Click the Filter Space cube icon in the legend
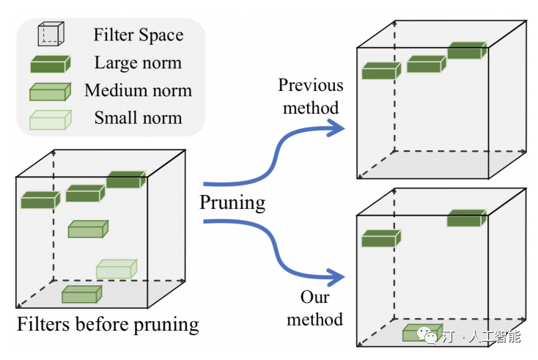(x=51, y=34)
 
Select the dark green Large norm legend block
(x=50, y=64)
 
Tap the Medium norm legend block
(x=50, y=92)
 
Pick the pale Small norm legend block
(x=50, y=119)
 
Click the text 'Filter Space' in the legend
(x=139, y=34)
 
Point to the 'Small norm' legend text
(x=138, y=117)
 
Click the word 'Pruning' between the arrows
(x=232, y=202)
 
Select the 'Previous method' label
(x=310, y=97)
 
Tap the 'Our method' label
(x=314, y=308)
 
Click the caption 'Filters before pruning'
(x=108, y=324)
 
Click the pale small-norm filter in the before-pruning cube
(x=116, y=269)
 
